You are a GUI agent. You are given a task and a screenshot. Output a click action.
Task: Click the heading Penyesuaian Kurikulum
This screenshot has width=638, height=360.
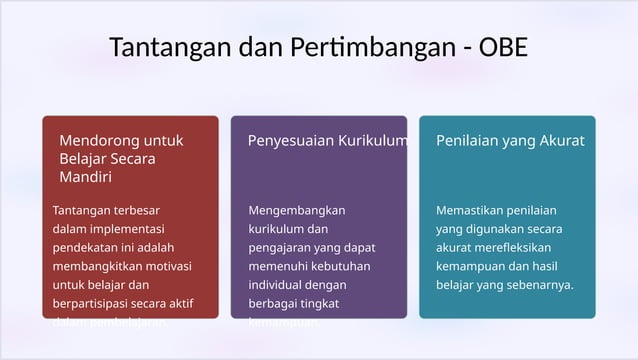[x=328, y=141]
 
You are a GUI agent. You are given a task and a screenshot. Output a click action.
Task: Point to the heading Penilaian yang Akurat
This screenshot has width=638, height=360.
[x=510, y=141]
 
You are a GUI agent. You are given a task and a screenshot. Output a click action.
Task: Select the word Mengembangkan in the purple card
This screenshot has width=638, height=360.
[x=296, y=211]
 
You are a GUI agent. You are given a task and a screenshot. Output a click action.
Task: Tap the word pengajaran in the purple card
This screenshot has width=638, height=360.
[x=281, y=248]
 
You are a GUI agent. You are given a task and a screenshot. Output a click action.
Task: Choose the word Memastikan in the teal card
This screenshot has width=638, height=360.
[x=471, y=211]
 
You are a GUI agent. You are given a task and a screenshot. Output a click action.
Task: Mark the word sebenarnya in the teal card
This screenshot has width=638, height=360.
[x=541, y=285]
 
